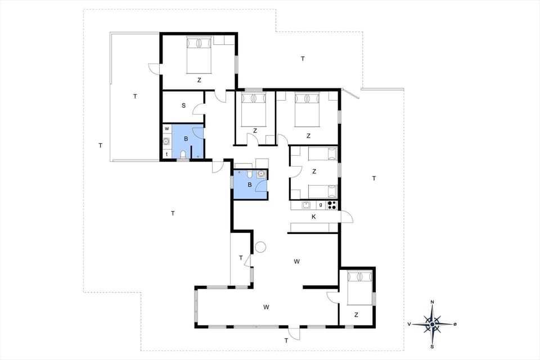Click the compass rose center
tap(432, 324)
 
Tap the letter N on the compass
tap(432, 303)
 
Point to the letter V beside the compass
tap(409, 325)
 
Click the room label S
tap(183, 105)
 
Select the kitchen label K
tap(314, 217)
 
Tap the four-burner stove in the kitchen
tap(332, 205)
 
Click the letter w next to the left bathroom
tap(167, 129)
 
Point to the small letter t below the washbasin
tap(167, 154)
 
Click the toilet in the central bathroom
tap(249, 174)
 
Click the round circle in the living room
tap(260, 246)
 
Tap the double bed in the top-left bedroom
tap(199, 55)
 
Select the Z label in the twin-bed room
tap(314, 171)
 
